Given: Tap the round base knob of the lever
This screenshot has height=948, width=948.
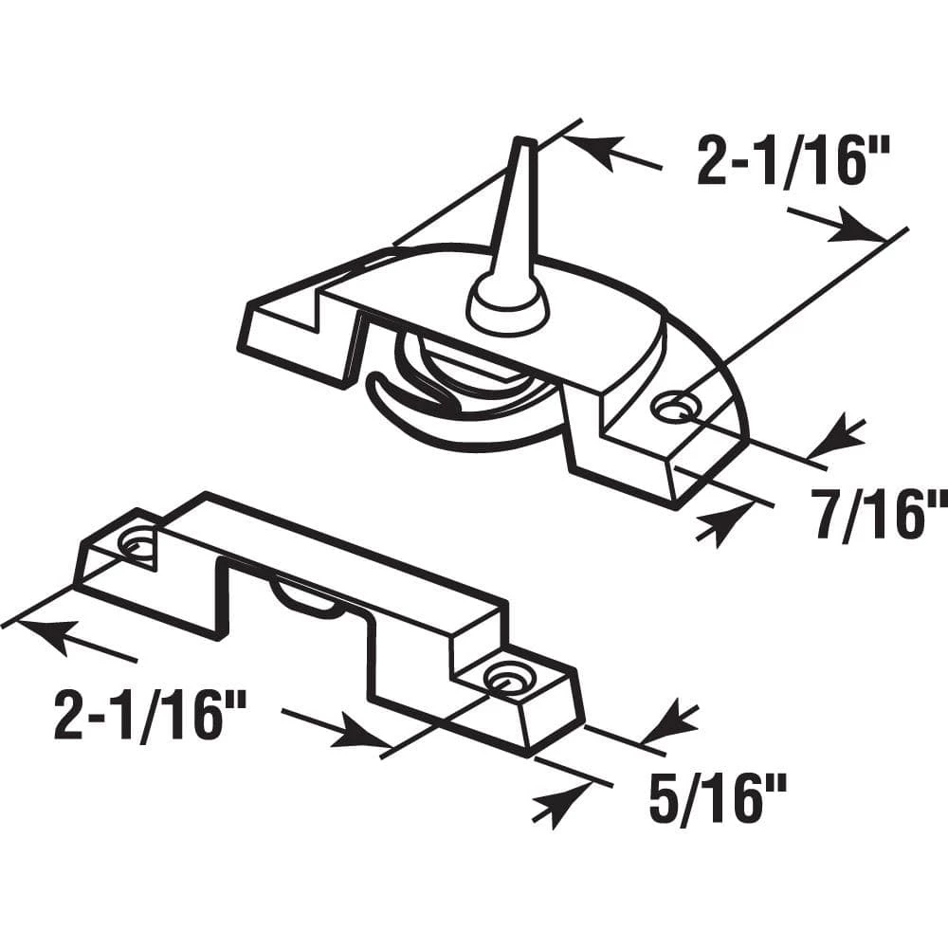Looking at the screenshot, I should click(507, 305).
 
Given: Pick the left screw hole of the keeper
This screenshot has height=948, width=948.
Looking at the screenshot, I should click(138, 544).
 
